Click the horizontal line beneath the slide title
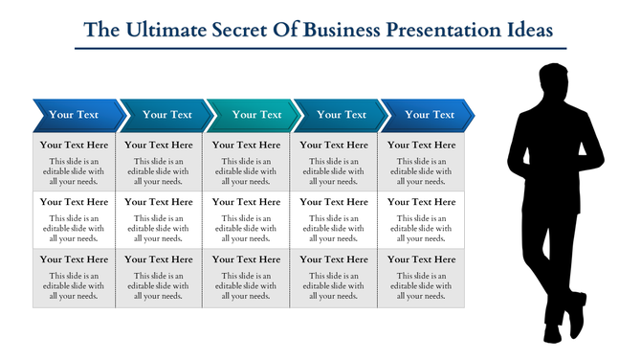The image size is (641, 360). [x=320, y=48]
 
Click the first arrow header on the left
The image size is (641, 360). [x=75, y=115]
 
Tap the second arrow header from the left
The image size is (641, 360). [x=165, y=115]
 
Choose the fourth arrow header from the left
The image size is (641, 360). [x=340, y=115]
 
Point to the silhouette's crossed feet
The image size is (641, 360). [x=564, y=326]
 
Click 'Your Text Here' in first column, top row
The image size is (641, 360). [x=75, y=146]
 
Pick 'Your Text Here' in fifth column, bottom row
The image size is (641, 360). [x=422, y=259]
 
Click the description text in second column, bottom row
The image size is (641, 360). [x=159, y=285]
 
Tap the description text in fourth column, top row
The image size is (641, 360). [x=334, y=170]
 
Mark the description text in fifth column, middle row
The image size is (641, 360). [x=422, y=228]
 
